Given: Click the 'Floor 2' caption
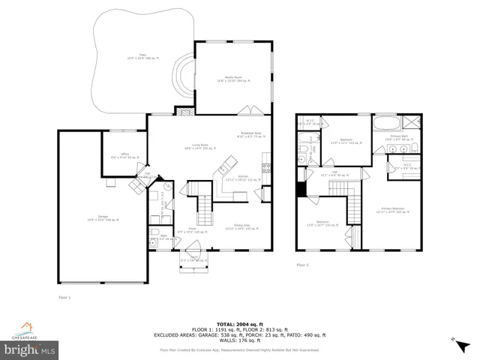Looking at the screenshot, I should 302,265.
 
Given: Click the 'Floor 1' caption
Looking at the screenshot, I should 65,298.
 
